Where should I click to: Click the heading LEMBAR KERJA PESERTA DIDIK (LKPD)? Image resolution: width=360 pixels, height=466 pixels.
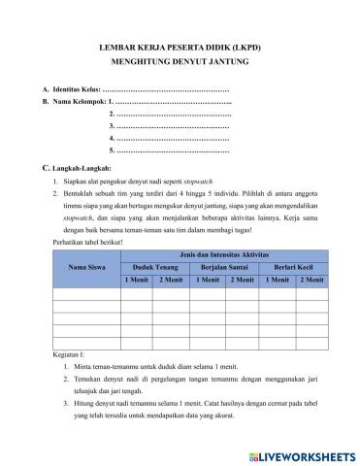pyautogui.click(x=180, y=46)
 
